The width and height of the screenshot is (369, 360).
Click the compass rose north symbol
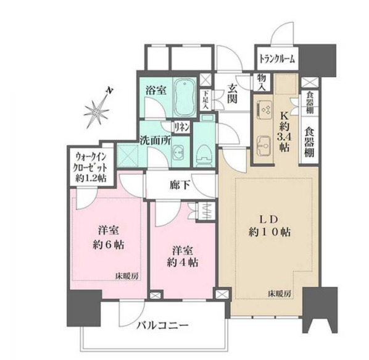tap(97, 109)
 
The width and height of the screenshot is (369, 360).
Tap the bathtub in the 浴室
tap(184, 97)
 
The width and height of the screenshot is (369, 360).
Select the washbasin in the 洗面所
tap(180, 151)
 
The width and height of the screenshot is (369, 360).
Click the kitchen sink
tap(266, 145)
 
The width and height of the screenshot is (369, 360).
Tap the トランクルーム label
tap(276, 59)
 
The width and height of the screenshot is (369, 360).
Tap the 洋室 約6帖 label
tap(110, 237)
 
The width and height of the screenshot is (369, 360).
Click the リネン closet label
tap(181, 128)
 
